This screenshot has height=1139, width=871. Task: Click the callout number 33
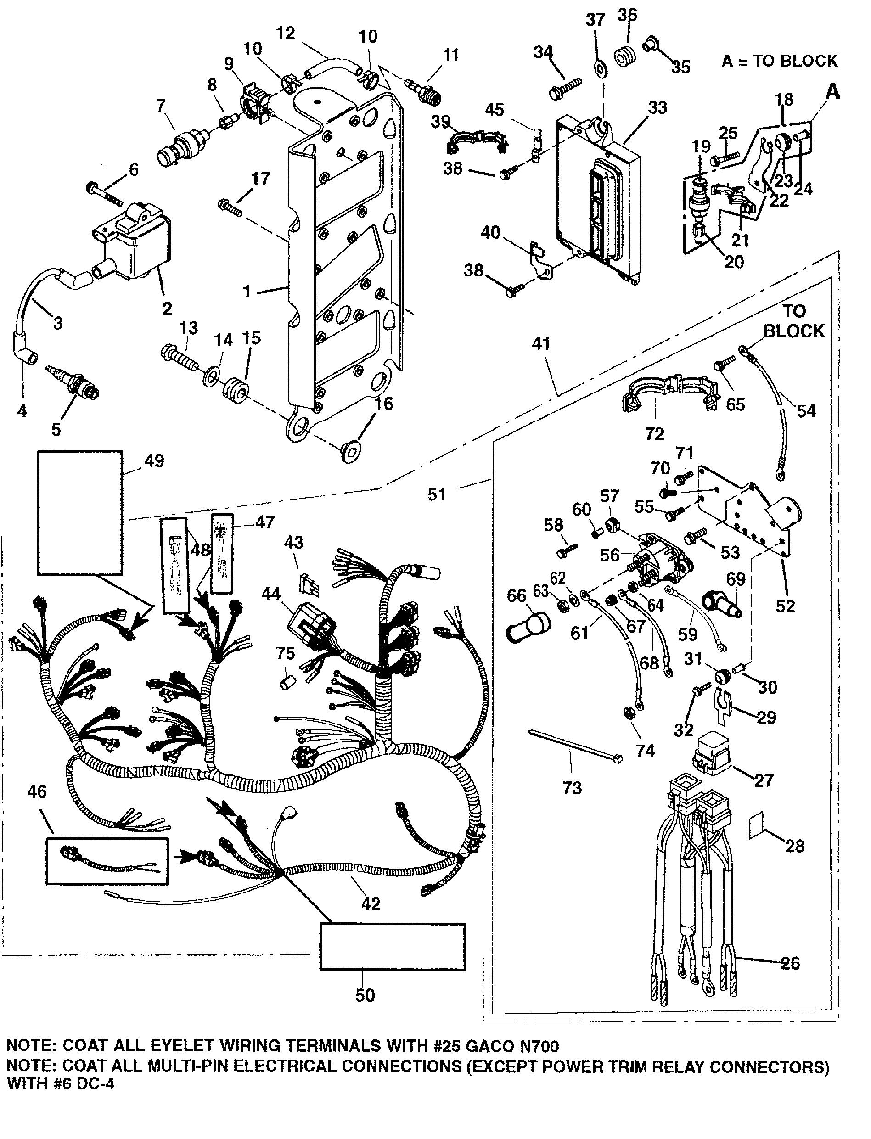[x=657, y=108]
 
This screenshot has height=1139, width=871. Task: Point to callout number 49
[x=153, y=461]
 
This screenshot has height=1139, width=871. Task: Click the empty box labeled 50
[x=392, y=946]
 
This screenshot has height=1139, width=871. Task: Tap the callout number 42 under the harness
[x=371, y=903]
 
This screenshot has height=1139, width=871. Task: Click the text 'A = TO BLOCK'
[x=779, y=61]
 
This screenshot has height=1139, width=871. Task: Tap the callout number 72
[x=654, y=433]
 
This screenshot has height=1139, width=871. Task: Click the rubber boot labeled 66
[x=527, y=627]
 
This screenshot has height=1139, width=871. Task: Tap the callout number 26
[x=791, y=963]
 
